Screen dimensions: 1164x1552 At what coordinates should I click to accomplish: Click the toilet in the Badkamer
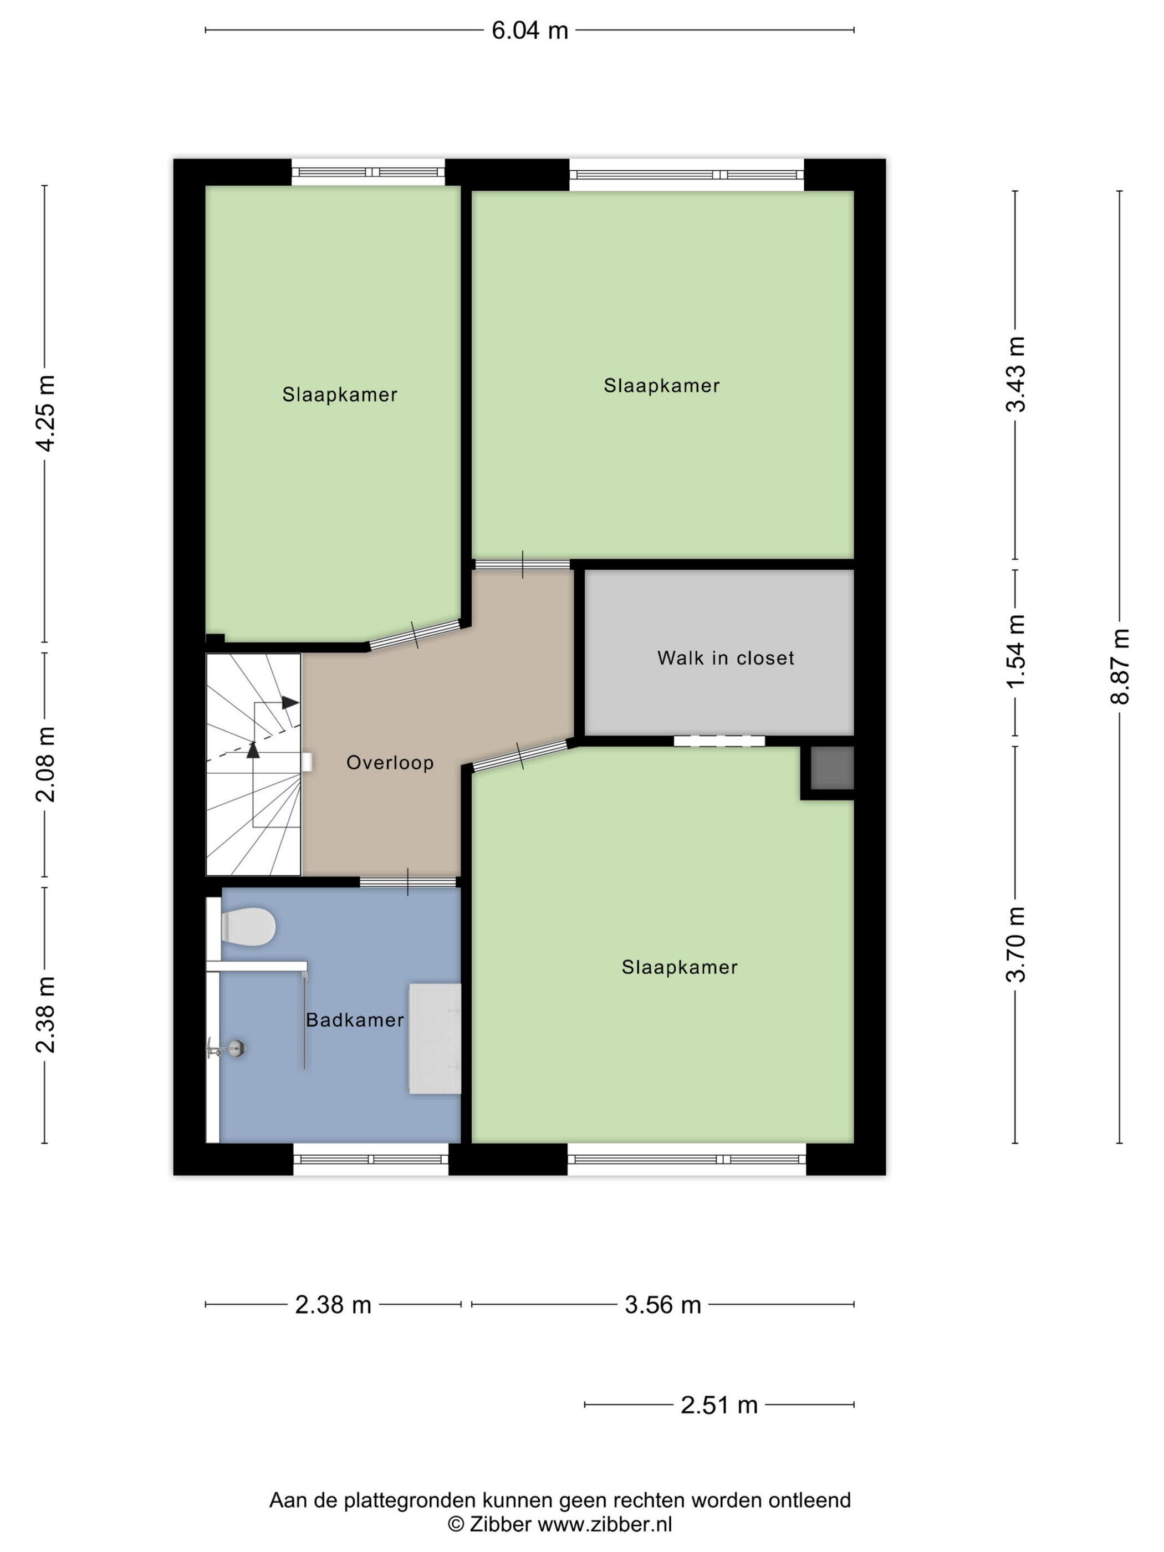pos(247,926)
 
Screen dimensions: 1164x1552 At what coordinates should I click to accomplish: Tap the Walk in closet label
pos(726,658)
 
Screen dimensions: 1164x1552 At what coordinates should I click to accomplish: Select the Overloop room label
pos(390,763)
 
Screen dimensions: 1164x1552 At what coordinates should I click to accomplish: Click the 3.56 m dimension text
pos(663,1305)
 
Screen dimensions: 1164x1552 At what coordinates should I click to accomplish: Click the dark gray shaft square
pos(832,768)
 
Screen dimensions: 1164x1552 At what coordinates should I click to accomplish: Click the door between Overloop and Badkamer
pos(409,882)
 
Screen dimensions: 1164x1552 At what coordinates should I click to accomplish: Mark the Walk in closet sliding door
pos(719,741)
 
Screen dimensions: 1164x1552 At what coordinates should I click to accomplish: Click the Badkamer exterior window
pos(370,1159)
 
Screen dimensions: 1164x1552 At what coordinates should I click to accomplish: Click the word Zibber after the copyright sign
pos(499,1523)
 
